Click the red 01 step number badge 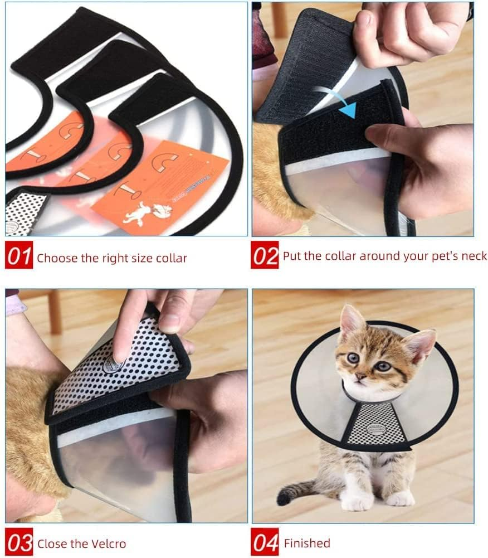19,257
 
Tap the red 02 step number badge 265,256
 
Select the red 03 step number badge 19,544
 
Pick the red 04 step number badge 265,543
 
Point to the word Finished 307,543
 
